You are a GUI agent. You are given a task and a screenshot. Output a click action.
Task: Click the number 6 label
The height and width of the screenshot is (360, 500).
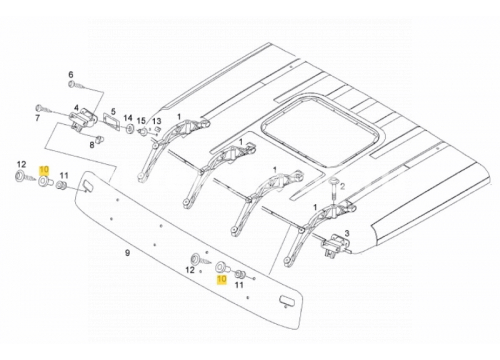tap(71, 74)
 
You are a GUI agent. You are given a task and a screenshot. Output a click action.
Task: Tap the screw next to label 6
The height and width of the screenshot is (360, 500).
tap(77, 86)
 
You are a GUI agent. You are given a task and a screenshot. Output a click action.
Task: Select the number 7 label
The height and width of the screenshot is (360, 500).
tap(37, 118)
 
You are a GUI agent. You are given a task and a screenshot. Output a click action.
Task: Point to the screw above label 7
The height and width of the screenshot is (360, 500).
tap(44, 109)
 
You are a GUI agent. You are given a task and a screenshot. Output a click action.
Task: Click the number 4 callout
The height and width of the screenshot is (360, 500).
tap(77, 108)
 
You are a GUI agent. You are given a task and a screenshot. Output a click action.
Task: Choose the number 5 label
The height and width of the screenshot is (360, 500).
tap(113, 111)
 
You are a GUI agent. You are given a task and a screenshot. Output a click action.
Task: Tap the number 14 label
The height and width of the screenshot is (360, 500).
tap(128, 118)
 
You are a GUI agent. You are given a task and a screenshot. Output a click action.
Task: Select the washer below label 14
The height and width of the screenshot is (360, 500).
tap(129, 128)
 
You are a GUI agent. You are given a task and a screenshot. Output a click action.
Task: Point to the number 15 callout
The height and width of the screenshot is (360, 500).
tap(141, 121)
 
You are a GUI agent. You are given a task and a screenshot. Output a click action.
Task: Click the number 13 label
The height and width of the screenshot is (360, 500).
tap(157, 121)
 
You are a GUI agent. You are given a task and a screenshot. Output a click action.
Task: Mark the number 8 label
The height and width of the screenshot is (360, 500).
tap(92, 145)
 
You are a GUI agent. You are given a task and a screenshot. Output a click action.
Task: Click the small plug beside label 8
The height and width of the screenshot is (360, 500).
tap(98, 139)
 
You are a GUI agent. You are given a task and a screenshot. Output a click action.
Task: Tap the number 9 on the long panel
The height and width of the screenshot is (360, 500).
tap(127, 253)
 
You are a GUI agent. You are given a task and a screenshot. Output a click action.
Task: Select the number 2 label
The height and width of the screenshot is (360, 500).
tap(342, 185)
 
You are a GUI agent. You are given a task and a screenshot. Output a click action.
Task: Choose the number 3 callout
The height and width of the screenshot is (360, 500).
tap(347, 233)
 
